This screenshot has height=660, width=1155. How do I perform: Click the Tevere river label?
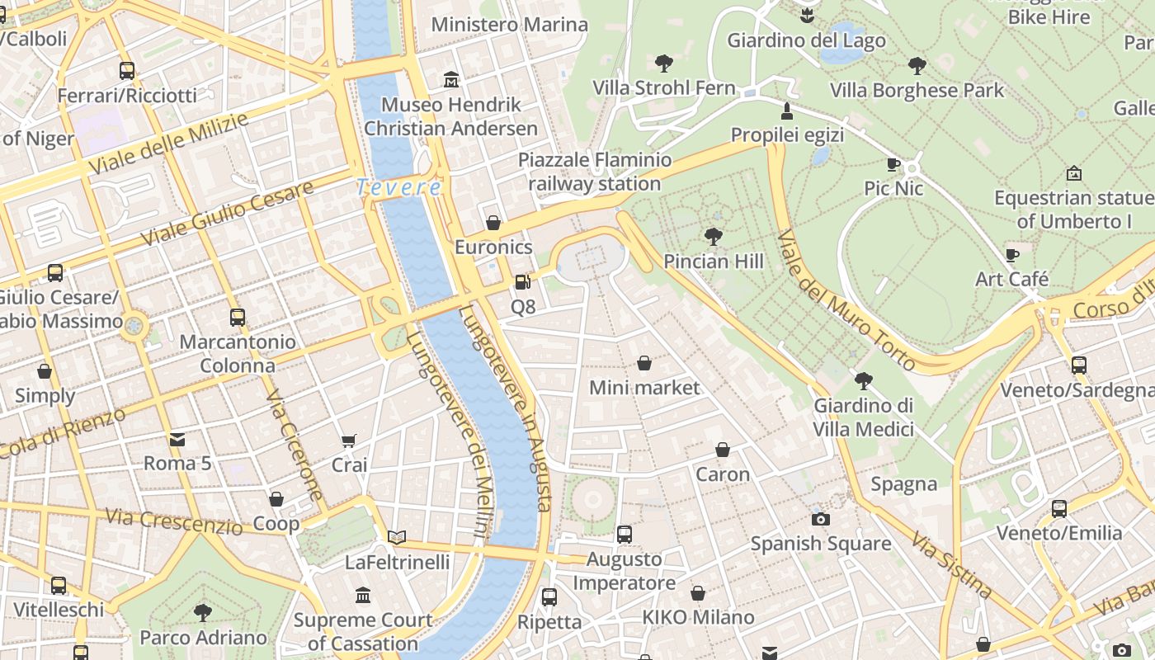tap(398, 188)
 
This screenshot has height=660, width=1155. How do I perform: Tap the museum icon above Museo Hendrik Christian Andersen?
tap(451, 80)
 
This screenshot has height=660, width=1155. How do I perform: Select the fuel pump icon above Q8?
tap(522, 282)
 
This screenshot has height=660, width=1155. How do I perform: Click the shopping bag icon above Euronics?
tap(493, 223)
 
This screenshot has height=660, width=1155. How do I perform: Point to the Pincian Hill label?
tap(714, 262)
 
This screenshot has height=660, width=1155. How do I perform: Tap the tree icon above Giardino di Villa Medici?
tap(864, 380)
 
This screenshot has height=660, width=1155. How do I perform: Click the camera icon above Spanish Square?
tap(820, 519)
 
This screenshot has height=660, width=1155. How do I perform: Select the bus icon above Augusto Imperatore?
tap(625, 535)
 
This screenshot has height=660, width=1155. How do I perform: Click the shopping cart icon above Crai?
tap(349, 441)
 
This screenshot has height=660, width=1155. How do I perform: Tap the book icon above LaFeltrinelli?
tap(397, 538)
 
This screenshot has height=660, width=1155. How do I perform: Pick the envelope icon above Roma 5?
tap(177, 439)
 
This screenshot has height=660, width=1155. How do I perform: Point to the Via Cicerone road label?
tap(295, 445)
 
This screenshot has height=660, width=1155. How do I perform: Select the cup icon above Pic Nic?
tap(893, 164)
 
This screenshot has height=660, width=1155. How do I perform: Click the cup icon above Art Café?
tap(1012, 255)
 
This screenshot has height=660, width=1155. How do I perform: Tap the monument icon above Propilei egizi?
tap(787, 111)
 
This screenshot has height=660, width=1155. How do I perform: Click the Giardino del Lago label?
tap(806, 40)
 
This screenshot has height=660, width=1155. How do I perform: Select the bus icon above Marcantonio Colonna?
tap(238, 317)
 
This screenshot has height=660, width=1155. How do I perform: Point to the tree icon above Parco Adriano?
tap(203, 612)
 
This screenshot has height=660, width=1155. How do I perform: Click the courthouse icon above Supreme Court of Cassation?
tap(363, 595)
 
